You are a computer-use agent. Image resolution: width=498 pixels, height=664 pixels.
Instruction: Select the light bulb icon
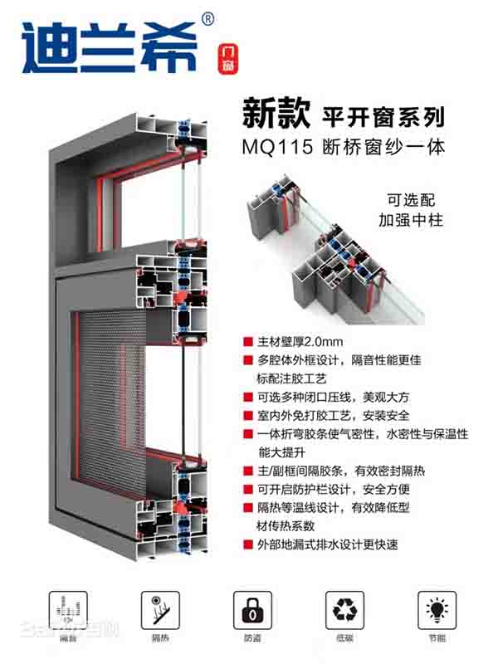pos(437,610)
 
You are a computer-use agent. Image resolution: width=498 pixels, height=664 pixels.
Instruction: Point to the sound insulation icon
pos(68,610)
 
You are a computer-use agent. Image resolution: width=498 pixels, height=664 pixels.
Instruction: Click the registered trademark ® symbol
pos(207,17)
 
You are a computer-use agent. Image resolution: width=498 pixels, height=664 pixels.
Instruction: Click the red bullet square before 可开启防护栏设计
pos(247,489)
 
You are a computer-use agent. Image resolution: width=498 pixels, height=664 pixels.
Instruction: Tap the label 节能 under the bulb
pos(437,638)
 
